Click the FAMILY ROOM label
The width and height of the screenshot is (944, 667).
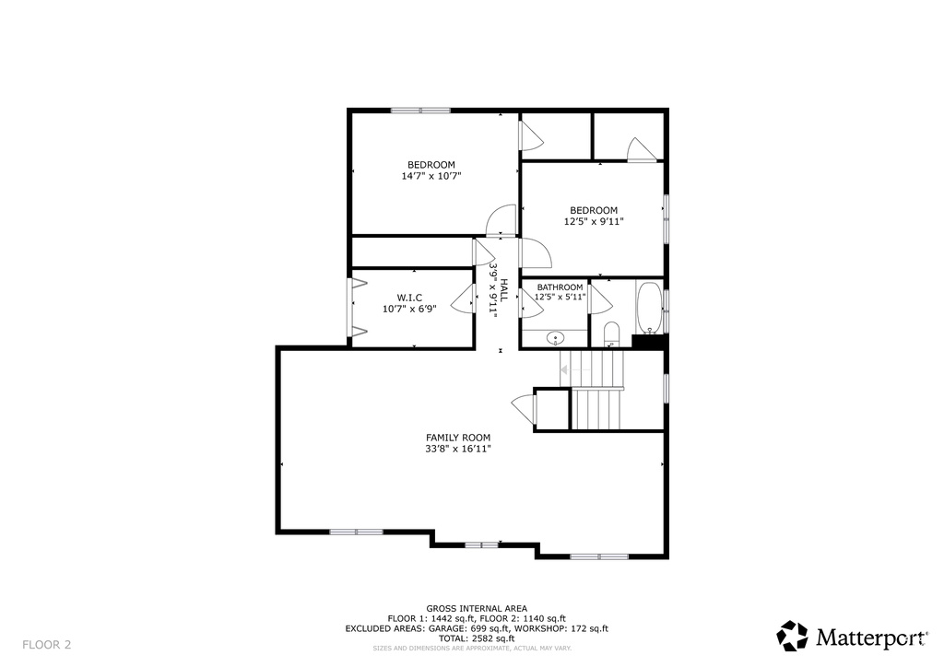click(x=458, y=438)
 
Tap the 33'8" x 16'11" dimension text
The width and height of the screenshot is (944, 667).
click(x=458, y=449)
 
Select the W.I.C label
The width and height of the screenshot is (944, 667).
click(x=409, y=298)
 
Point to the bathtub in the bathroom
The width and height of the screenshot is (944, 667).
click(x=649, y=308)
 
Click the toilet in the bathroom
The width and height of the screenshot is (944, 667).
click(x=611, y=334)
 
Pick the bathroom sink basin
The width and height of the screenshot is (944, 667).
click(x=555, y=339)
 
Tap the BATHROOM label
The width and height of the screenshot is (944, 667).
click(x=560, y=287)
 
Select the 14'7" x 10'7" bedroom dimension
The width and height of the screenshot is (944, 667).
click(x=431, y=176)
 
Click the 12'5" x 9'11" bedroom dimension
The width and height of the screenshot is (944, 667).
click(x=594, y=221)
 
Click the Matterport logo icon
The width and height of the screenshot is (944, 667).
click(x=792, y=636)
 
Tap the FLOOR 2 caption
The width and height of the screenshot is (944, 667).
click(x=47, y=645)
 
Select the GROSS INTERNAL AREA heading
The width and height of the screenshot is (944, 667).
click(x=477, y=609)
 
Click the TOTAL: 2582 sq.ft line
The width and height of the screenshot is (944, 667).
click(x=477, y=638)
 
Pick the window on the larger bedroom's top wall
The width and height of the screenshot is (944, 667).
click(x=420, y=111)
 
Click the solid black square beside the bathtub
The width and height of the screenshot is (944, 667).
click(x=648, y=341)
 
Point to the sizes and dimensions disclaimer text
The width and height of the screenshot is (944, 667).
click(x=472, y=649)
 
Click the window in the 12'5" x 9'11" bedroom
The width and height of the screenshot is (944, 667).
click(x=666, y=218)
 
